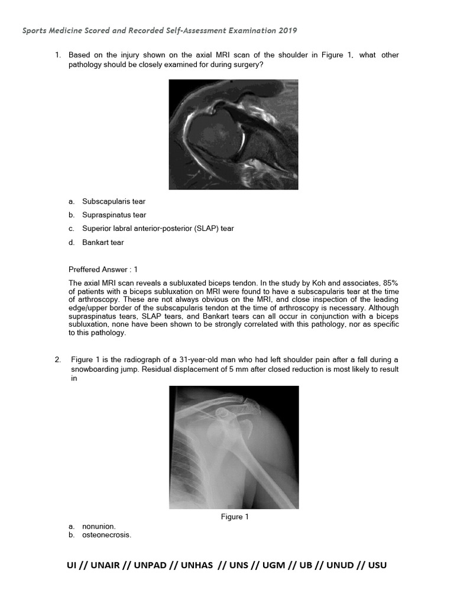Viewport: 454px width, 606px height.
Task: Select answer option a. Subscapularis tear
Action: pos(113,202)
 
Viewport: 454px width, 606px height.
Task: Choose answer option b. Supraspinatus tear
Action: pos(114,215)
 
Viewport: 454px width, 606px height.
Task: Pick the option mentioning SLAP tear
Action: pos(158,228)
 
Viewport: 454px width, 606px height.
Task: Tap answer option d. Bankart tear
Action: pos(103,242)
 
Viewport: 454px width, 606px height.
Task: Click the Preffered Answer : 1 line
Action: pos(103,269)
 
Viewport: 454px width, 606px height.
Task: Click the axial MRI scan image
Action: pos(234,134)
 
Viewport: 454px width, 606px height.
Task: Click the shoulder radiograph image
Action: pos(234,447)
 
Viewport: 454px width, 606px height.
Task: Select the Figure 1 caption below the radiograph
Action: pos(235,517)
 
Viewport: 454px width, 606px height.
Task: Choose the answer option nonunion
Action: pos(99,526)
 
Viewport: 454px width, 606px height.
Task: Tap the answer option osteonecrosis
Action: pos(106,535)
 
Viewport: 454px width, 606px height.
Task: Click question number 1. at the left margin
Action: pos(59,56)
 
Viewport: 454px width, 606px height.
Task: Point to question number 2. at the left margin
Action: pos(59,360)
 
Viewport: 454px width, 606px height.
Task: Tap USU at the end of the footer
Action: pos(377,565)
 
